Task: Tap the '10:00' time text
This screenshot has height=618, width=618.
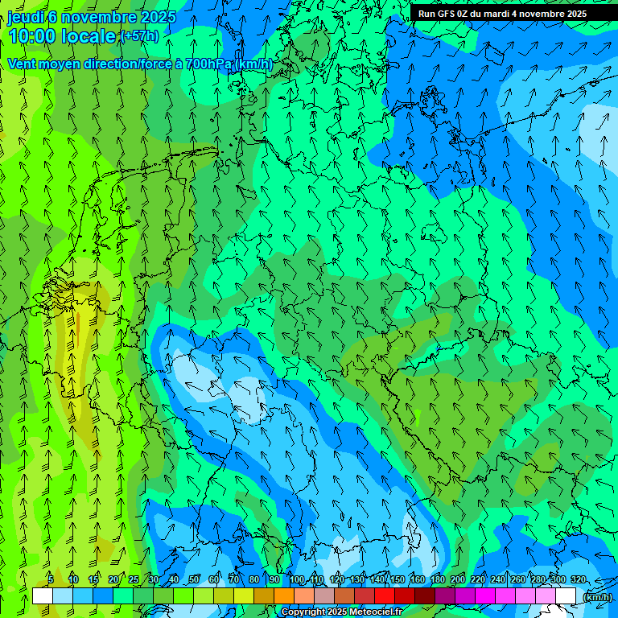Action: pos(32,36)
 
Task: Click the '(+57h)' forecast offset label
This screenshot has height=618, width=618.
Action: pos(139,36)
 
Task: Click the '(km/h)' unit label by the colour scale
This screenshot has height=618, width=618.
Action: pos(597,597)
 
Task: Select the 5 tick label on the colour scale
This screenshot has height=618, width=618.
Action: pos(51,579)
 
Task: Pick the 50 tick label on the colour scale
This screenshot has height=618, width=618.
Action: pos(194,579)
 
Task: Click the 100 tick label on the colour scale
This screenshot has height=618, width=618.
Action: pos(296,579)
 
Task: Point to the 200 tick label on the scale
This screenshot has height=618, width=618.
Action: pos(458,579)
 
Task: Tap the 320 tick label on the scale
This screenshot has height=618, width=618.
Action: pos(579,579)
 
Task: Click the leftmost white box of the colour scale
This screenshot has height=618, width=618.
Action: pos(43,595)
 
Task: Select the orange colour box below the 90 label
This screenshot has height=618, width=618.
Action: pos(284,595)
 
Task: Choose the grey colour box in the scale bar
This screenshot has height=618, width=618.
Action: pos(324,595)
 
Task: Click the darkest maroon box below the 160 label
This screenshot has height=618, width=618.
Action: pos(425,595)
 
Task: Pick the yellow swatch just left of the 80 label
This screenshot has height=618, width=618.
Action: pos(244,595)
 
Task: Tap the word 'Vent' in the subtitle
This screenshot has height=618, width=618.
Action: pos(23,64)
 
